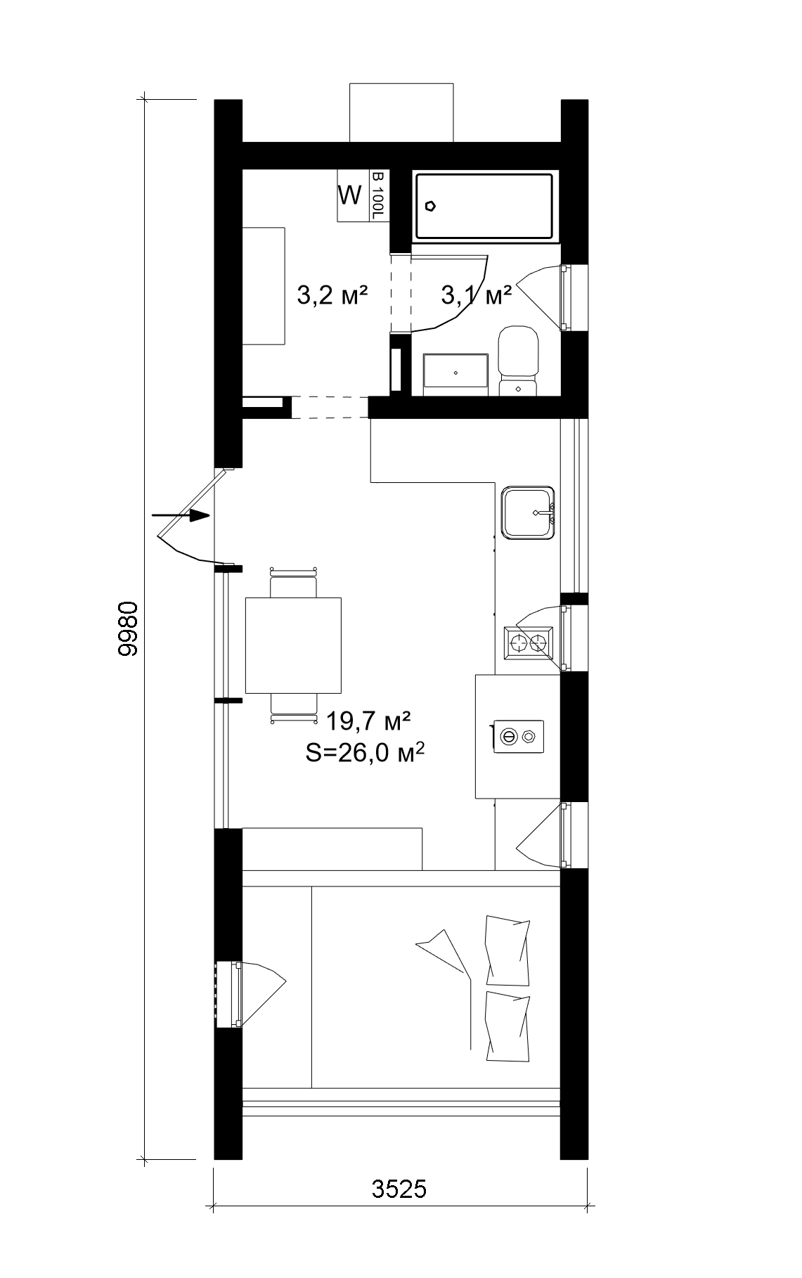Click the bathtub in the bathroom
tap(484, 207)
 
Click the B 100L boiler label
tap(378, 195)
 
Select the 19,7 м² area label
tap(368, 721)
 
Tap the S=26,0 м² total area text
tap(365, 753)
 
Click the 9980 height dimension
tap(128, 628)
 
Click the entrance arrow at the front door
tap(181, 515)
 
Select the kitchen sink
tap(528, 512)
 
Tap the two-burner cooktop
tap(529, 642)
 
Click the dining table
tap(293, 645)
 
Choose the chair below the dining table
tap(294, 706)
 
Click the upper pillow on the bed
tap(507, 950)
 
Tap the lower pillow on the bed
tap(507, 1027)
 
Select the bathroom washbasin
tap(455, 370)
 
